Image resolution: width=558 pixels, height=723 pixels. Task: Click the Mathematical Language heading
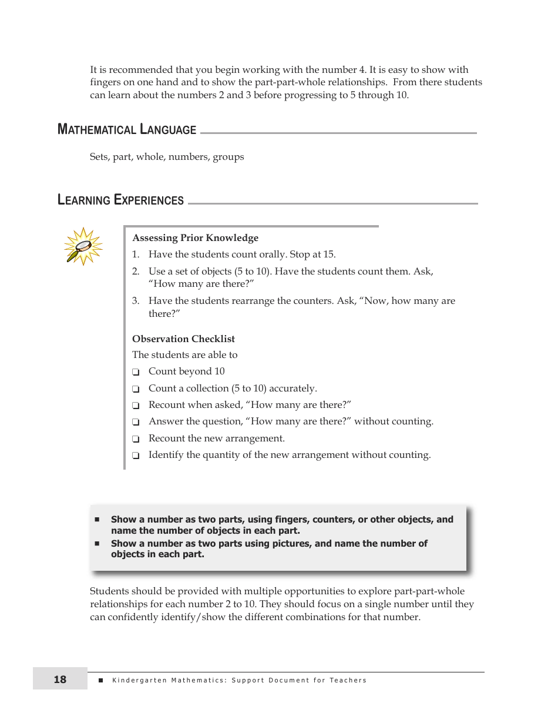(x=127, y=129)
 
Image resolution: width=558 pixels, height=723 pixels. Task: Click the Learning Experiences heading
(x=120, y=200)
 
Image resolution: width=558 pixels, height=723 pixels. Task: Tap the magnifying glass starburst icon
(x=83, y=246)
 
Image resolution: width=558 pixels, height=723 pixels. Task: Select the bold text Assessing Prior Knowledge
(x=195, y=238)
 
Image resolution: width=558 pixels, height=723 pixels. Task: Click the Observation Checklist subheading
(x=183, y=339)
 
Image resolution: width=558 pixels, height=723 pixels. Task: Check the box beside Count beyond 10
(x=136, y=372)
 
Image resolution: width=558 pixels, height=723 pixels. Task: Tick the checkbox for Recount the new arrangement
(x=136, y=439)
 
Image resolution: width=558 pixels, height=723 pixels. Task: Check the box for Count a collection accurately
(x=136, y=389)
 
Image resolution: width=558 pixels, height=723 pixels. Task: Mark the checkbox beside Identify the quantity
(x=136, y=456)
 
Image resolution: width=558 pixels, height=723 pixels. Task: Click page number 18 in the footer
(x=60, y=680)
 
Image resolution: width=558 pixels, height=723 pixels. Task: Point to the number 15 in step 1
(x=329, y=255)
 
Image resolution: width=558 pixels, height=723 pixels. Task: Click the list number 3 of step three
(x=135, y=301)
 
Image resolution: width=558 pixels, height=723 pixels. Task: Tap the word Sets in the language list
(x=99, y=157)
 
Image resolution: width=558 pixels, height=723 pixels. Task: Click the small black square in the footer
(x=100, y=680)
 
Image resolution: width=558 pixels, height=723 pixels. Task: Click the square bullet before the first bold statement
(x=98, y=520)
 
